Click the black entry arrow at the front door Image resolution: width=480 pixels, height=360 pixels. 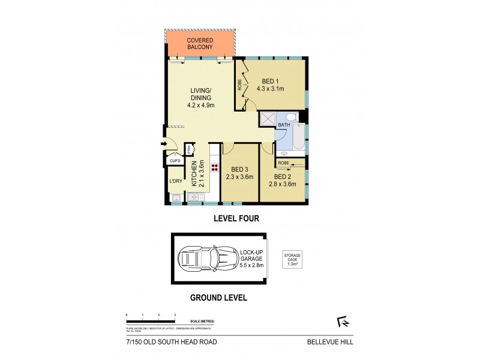164,144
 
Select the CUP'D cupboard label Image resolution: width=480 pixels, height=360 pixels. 175,161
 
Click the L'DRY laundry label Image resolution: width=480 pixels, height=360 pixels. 175,181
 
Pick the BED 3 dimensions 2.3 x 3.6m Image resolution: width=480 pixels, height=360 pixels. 240,177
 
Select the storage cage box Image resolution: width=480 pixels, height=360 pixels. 292,259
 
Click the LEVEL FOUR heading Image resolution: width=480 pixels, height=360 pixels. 236,219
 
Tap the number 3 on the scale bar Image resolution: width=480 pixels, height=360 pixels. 175,315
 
